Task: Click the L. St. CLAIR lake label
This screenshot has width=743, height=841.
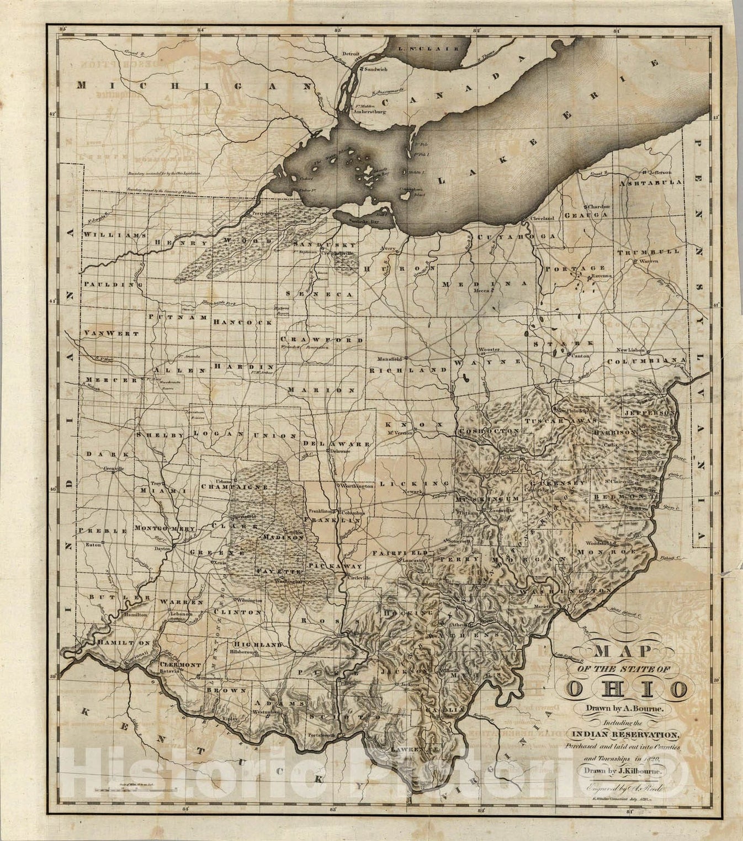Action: pyautogui.click(x=431, y=49)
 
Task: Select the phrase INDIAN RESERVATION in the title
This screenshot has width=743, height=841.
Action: pyautogui.click(x=625, y=734)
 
